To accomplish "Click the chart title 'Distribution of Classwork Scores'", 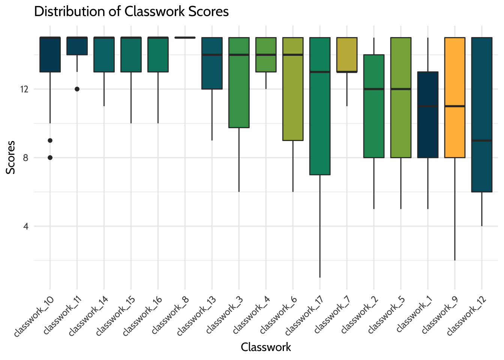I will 131,12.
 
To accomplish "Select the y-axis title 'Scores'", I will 11,157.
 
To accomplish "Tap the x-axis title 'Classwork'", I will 265,347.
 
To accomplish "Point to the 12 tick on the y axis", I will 25,89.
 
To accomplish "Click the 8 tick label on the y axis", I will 25,157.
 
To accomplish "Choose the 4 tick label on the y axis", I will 25,226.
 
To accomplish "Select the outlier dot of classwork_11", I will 77,89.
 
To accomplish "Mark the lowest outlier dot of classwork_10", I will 50,157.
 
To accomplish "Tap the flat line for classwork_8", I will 185,37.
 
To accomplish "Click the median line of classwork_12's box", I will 481,140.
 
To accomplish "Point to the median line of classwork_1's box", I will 427,106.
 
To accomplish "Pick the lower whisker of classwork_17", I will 319,225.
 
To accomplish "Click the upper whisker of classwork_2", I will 374,46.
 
